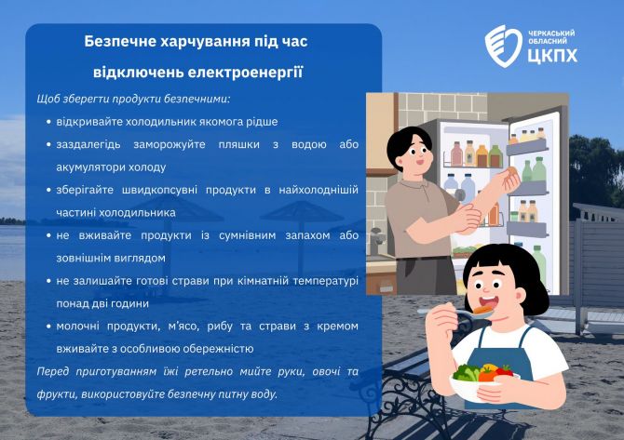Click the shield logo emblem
click(503, 46)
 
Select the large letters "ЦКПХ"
click(552, 56)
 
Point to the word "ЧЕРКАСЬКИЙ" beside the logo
click(551, 33)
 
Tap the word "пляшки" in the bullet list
click(238, 144)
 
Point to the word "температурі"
click(326, 281)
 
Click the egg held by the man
click(511, 171)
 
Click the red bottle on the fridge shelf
click(457, 154)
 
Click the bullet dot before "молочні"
click(48, 327)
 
